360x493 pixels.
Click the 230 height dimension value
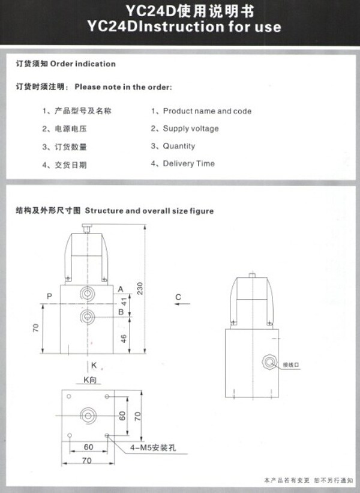[x=140, y=290]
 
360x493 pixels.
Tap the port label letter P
[x=49, y=296]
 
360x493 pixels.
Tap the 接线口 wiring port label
[x=290, y=364]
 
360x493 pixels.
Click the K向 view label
[x=90, y=380]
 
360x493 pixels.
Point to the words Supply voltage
[x=191, y=129]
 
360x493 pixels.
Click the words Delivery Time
[x=188, y=163]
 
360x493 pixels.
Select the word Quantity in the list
[x=179, y=146]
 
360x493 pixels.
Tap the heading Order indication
[x=83, y=64]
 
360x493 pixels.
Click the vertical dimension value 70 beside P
[x=36, y=328]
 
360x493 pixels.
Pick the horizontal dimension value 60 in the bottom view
[x=88, y=447]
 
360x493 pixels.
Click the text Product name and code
[x=207, y=111]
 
